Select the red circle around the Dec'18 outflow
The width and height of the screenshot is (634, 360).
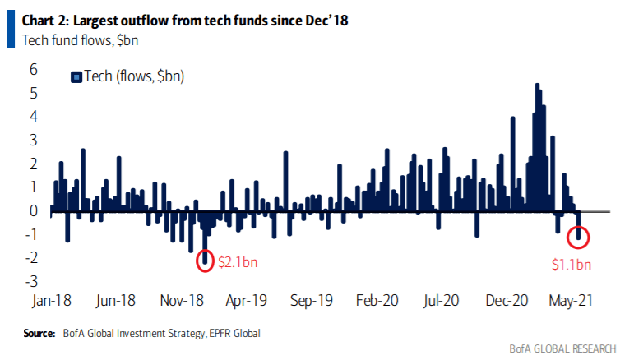pyautogui.click(x=206, y=261)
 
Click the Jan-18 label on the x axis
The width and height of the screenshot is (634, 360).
pyautogui.click(x=52, y=300)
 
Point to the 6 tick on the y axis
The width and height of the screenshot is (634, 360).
pyautogui.click(x=34, y=69)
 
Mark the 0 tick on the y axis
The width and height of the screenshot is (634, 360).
pyautogui.click(x=34, y=210)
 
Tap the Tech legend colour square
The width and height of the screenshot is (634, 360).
pyautogui.click(x=76, y=76)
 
